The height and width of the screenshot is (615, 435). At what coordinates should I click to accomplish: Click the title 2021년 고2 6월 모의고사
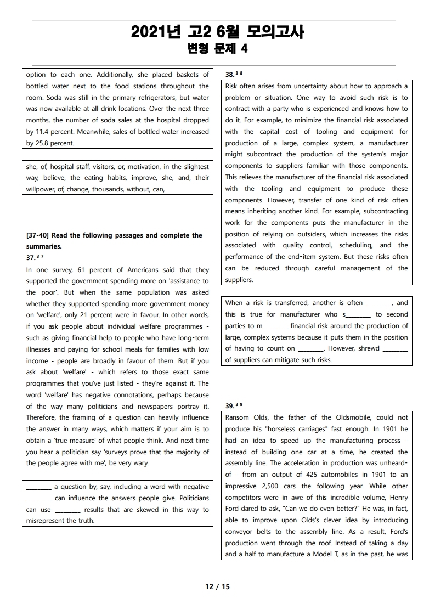click(217, 32)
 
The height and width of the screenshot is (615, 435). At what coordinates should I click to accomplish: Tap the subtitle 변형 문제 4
click(217, 49)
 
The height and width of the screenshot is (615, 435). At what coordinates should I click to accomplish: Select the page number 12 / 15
click(217, 586)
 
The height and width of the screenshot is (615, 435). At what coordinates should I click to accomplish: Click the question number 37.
click(30, 257)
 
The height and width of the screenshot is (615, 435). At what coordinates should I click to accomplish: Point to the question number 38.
click(229, 74)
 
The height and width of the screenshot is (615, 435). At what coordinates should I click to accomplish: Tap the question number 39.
click(229, 406)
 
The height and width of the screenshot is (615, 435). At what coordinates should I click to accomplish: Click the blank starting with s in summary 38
click(357, 314)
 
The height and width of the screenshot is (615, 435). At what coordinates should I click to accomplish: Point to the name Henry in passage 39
click(397, 498)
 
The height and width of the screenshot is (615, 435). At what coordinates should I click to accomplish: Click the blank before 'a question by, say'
click(39, 487)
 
